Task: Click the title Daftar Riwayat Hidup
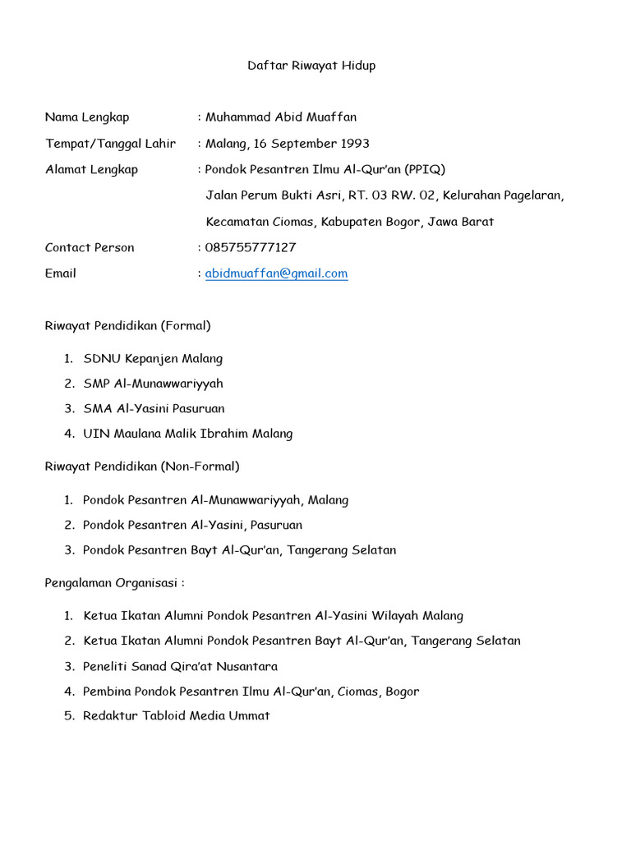tap(311, 66)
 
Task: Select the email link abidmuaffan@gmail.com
tap(276, 273)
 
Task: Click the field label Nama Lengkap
tap(87, 117)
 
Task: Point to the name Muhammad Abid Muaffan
tap(281, 117)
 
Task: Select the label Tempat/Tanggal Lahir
tap(110, 144)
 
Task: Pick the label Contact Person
tap(90, 247)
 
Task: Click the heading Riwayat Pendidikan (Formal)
tap(127, 326)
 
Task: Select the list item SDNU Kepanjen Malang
tap(153, 359)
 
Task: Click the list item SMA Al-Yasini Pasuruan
tap(154, 408)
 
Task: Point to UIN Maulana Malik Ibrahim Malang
tap(187, 434)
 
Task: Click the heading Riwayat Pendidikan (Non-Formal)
tap(142, 466)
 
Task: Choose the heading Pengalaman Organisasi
tap(114, 583)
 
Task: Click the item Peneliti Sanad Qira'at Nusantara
tap(180, 667)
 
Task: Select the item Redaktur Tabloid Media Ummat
tap(176, 716)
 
